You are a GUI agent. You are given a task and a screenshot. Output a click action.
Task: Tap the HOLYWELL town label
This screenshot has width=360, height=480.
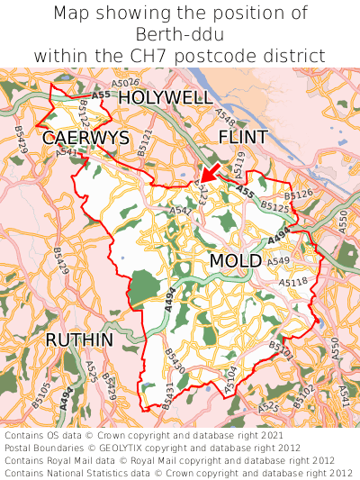pyautogui.click(x=166, y=97)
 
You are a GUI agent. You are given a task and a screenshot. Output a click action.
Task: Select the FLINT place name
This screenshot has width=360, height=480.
pyautogui.click(x=243, y=137)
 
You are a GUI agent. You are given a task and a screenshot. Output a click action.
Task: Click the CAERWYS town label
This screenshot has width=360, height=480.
pyautogui.click(x=85, y=138)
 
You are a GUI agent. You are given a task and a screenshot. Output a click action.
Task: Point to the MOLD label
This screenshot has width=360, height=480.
pyautogui.click(x=235, y=261)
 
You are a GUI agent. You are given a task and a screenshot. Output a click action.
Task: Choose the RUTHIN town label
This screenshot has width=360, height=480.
pyautogui.click(x=79, y=340)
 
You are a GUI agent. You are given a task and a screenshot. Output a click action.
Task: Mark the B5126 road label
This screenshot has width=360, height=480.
pyautogui.click(x=298, y=195)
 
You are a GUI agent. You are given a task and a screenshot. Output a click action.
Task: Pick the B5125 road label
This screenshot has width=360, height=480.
pyautogui.click(x=275, y=208)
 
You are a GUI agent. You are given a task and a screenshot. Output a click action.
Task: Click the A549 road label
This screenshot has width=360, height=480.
pyautogui.click(x=279, y=261)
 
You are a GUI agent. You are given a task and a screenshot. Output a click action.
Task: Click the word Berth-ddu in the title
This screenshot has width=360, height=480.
pyautogui.click(x=180, y=35)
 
